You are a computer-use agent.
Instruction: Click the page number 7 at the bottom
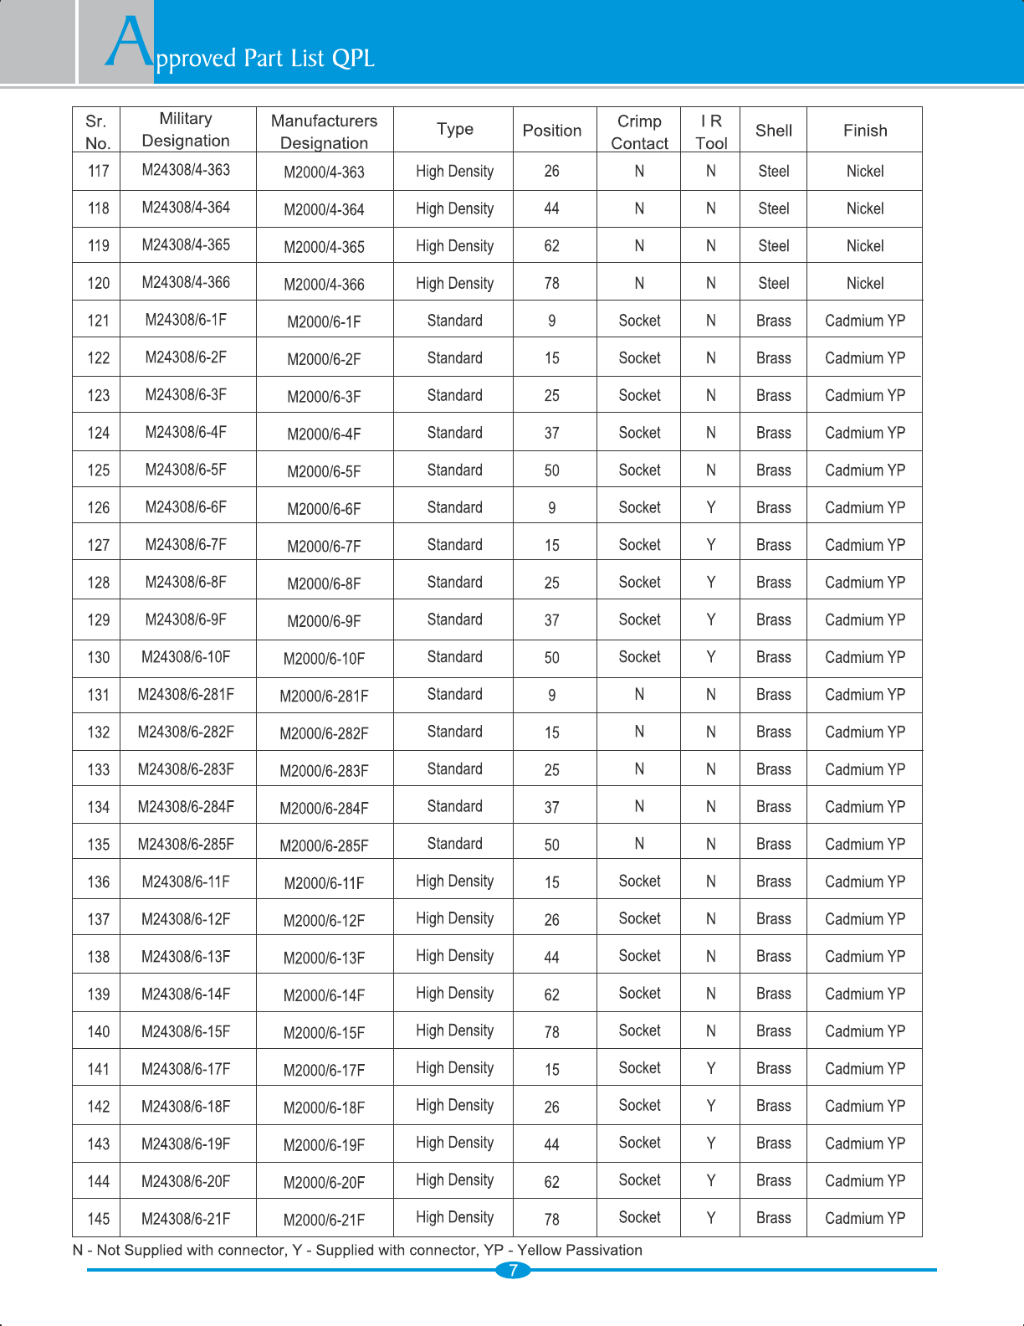click(x=513, y=1270)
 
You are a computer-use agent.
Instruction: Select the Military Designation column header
click(x=186, y=130)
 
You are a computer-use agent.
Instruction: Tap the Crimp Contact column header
click(x=639, y=132)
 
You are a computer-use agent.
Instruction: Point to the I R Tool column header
click(x=711, y=132)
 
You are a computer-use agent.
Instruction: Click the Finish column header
click(x=865, y=131)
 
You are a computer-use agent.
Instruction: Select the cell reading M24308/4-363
click(x=186, y=170)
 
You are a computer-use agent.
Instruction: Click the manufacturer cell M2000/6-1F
click(x=324, y=321)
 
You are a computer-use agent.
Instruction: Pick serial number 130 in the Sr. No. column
click(x=99, y=657)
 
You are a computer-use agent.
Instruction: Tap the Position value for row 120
click(x=552, y=284)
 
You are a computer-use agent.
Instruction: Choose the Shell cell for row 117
click(x=774, y=172)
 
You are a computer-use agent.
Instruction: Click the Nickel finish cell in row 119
click(x=865, y=246)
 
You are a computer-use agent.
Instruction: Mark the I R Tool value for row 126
click(x=711, y=507)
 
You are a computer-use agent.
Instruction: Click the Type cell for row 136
click(x=454, y=881)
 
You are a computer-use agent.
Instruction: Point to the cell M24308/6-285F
click(x=186, y=844)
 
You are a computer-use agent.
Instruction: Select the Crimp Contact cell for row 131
click(x=639, y=694)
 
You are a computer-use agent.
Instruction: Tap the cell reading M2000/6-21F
click(x=324, y=1220)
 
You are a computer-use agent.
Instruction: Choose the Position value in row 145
click(x=552, y=1220)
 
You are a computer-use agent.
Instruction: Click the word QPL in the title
click(x=353, y=59)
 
